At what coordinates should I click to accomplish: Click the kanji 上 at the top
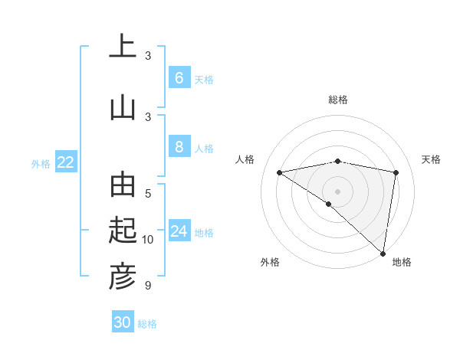[x=122, y=47]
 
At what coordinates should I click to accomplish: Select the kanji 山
[x=122, y=108]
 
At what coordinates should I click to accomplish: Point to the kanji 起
[x=122, y=231]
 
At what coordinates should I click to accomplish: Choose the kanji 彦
[x=122, y=277]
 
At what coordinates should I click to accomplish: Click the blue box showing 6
[x=179, y=78]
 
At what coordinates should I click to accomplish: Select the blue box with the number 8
[x=179, y=148]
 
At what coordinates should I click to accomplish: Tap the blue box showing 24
[x=179, y=232]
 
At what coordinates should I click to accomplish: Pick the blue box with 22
[x=66, y=162]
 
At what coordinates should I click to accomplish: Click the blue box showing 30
[x=123, y=322]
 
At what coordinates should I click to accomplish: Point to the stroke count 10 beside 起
[x=148, y=240]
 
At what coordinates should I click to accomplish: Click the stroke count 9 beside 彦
[x=148, y=286]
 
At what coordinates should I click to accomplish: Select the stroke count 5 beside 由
[x=148, y=194]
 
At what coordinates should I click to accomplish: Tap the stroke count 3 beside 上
[x=148, y=56]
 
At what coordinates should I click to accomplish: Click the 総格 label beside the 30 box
[x=147, y=324]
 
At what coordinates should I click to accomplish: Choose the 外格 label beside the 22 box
[x=41, y=163]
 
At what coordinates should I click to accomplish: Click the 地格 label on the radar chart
[x=402, y=262]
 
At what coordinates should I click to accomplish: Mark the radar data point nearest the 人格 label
[x=280, y=172]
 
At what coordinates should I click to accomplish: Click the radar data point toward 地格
[x=383, y=253]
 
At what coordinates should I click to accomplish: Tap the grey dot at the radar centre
[x=337, y=190]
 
